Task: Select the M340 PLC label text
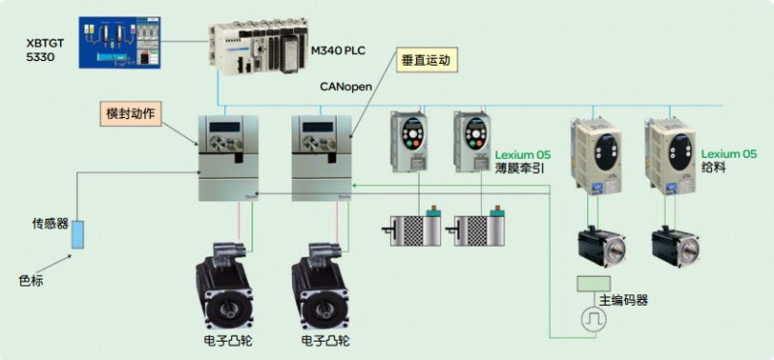tap(343, 48)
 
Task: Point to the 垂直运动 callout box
tap(426, 60)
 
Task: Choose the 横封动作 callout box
tap(132, 113)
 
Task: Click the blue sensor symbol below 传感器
tap(77, 233)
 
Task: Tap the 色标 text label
tap(32, 282)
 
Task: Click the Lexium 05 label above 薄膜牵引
tap(522, 154)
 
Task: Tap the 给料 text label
tap(714, 168)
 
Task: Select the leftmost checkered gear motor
tap(415, 227)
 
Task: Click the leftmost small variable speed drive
tap(407, 143)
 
